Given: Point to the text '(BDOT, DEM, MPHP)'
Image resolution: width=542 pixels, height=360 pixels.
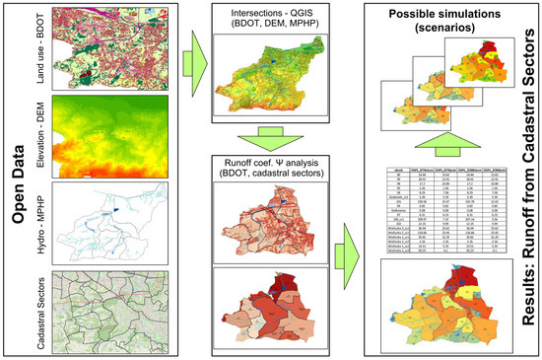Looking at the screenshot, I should point(270,30).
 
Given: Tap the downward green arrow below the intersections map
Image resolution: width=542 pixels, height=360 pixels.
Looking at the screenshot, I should point(269,139).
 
